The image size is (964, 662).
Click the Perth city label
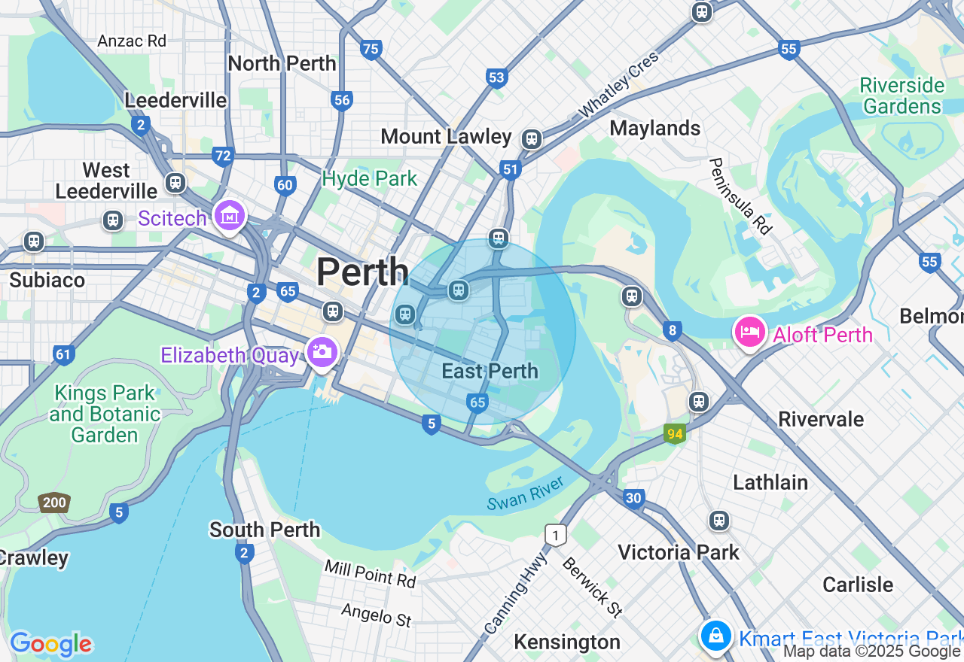(x=362, y=272)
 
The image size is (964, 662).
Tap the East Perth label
(x=490, y=371)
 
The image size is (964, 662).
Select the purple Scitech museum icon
(x=230, y=215)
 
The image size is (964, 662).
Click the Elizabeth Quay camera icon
(x=322, y=352)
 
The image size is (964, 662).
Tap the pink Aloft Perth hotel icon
(x=749, y=333)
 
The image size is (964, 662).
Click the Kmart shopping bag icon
(x=715, y=636)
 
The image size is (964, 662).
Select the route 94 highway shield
(x=674, y=433)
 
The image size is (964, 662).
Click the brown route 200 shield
(x=54, y=503)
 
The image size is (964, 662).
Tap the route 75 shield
(x=371, y=50)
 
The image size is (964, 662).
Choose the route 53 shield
(x=496, y=77)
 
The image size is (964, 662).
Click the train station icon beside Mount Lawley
(x=532, y=138)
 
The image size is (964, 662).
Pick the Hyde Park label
(x=369, y=178)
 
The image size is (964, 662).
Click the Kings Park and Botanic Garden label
(x=105, y=414)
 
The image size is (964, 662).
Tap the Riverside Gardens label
(x=901, y=96)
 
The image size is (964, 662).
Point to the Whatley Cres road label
(x=618, y=85)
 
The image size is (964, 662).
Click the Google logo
(x=50, y=644)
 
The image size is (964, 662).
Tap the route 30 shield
(x=633, y=498)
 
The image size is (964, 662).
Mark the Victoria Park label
(x=678, y=552)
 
